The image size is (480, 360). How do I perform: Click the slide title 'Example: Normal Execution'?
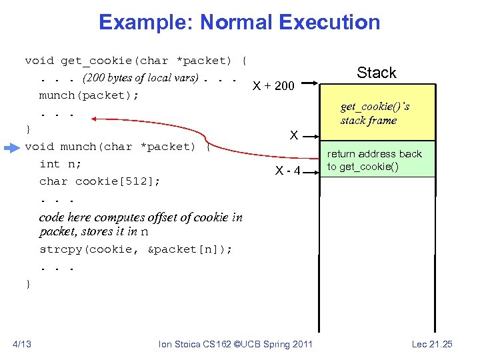pos(239,22)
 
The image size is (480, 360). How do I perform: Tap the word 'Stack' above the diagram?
pos(376,73)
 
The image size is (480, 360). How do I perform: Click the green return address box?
pos(377,159)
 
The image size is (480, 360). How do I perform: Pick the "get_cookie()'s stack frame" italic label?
pos(375,113)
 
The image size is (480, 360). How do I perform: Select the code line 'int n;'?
pos(59,164)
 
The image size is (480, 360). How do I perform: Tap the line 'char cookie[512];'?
pos(99,181)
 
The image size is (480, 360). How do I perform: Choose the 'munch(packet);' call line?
pos(89,95)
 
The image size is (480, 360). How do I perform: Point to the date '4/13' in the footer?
pos(21,344)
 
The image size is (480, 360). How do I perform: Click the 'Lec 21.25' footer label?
pos(432,344)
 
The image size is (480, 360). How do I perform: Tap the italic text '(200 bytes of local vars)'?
pos(140,78)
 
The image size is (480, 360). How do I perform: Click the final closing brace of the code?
pos(28,284)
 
